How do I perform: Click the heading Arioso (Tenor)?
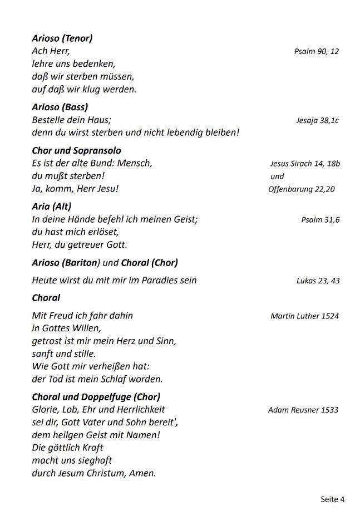coord(62,38)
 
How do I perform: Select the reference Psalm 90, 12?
coord(316,51)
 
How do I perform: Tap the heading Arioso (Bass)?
coord(60,107)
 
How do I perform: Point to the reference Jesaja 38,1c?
coord(317,120)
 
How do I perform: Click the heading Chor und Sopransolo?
coord(76,150)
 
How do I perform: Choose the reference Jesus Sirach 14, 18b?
coord(305,164)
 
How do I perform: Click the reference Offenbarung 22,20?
coord(302,189)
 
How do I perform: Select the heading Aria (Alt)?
coord(52,207)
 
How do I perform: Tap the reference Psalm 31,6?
coord(320,220)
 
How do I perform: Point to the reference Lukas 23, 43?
coord(318,281)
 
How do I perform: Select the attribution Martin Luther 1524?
coord(304,316)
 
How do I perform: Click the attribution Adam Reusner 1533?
coord(303,410)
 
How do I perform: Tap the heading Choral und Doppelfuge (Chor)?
coord(96,397)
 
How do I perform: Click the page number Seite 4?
coord(332,499)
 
